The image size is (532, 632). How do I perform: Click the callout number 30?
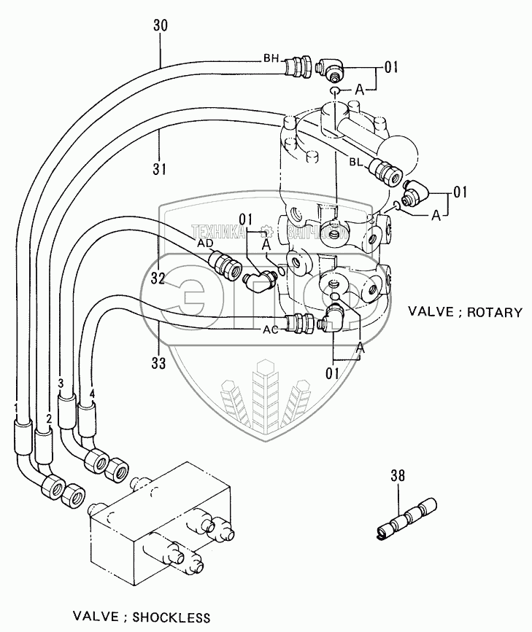[x=161, y=24]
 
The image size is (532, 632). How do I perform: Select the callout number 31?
[x=161, y=168]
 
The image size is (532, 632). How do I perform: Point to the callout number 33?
[x=160, y=361]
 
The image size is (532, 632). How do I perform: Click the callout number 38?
[x=398, y=477]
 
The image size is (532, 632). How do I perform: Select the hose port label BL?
[x=357, y=161]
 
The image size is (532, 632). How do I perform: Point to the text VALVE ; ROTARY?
[x=465, y=312]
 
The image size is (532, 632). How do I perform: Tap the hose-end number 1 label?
[x=15, y=406]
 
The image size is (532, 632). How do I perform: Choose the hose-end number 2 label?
[x=48, y=418]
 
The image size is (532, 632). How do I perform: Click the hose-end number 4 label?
[x=92, y=394]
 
